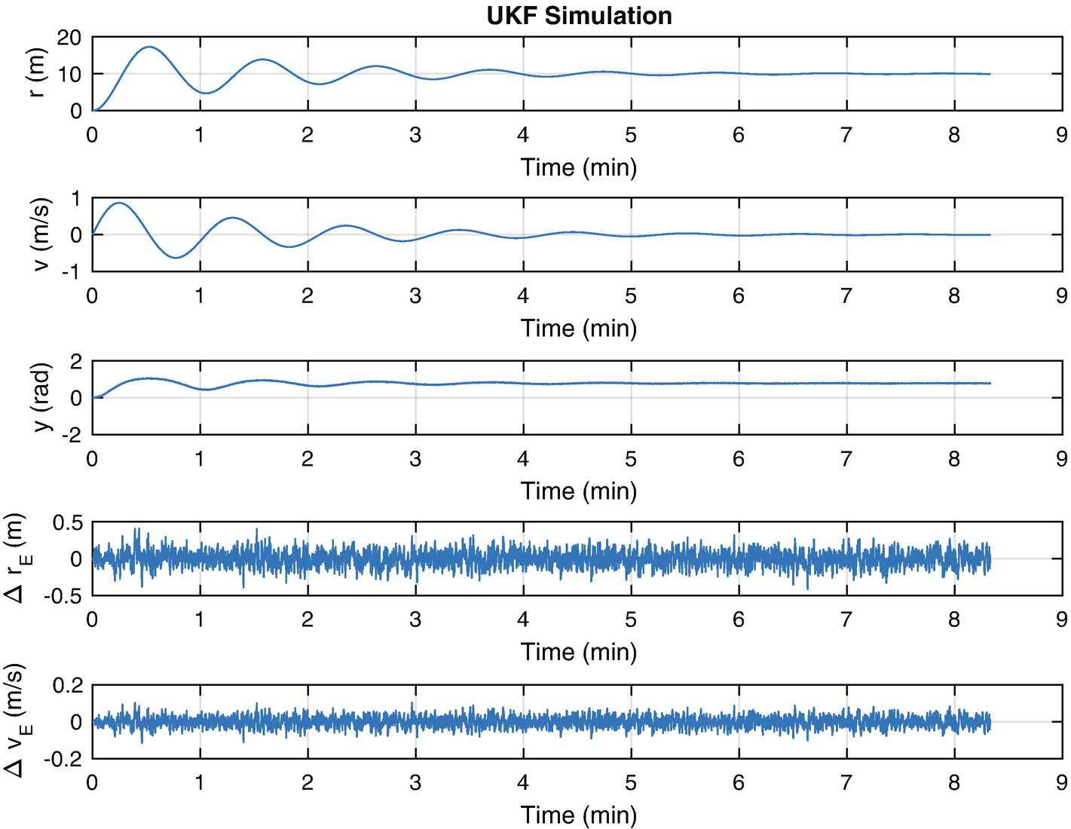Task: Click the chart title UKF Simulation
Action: tap(579, 16)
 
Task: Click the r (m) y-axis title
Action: tap(36, 73)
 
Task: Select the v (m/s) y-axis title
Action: tap(39, 234)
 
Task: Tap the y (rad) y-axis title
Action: tap(42, 397)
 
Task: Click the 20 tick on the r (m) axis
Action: tap(70, 38)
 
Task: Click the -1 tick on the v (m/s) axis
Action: tap(75, 272)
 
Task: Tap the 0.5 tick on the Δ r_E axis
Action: tap(66, 523)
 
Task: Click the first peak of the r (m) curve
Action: tap(149, 47)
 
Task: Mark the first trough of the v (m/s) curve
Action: tap(176, 258)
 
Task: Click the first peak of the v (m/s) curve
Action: tap(118, 203)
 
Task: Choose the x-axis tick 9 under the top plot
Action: tap(1062, 135)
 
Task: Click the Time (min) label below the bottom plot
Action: tap(579, 815)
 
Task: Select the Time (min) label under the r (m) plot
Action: tap(579, 167)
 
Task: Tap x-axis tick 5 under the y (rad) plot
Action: tap(631, 459)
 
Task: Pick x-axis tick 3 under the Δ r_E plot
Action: tap(415, 619)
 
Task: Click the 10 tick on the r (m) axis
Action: tap(70, 75)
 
